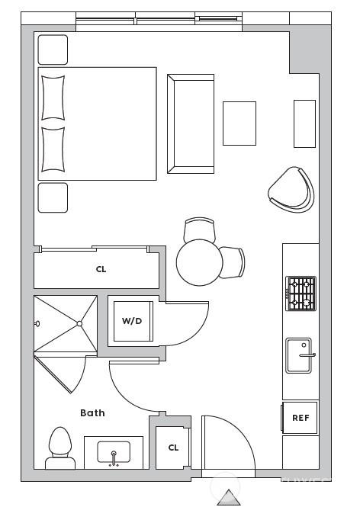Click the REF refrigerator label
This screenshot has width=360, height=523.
301,418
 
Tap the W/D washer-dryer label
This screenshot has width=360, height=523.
132,321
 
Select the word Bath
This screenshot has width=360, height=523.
92,413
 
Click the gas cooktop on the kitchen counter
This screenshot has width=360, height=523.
301,294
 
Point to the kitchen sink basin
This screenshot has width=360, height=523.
299,355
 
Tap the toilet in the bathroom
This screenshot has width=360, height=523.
60,448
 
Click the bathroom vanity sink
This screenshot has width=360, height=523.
114,452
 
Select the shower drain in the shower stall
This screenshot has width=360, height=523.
79,323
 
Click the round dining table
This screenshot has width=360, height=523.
199,262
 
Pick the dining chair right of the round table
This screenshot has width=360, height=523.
233,262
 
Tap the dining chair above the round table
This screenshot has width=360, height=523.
200,229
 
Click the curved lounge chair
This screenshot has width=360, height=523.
291,189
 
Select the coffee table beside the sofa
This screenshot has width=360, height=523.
239,124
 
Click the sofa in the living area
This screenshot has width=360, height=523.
191,124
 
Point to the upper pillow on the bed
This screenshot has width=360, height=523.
53,98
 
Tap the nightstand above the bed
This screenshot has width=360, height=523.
53,50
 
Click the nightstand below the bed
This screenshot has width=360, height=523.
53,197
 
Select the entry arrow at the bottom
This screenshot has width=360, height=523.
229,497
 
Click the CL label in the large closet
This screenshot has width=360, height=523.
101,269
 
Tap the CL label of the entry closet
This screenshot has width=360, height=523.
173,448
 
